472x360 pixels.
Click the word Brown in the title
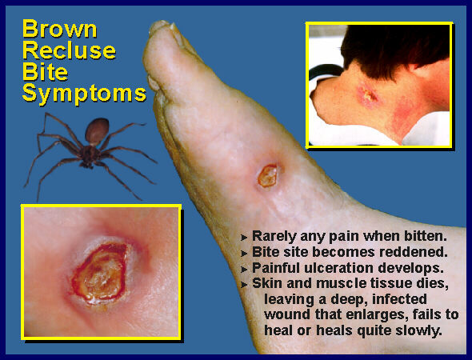(60, 29)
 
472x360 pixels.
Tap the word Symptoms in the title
(84, 94)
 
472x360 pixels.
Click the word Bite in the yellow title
(45, 72)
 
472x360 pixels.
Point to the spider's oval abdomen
(97, 131)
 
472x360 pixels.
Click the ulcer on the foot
(268, 175)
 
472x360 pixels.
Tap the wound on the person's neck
(367, 96)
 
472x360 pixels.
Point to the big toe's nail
(160, 26)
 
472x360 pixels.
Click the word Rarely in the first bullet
(274, 237)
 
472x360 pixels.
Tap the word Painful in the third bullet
(276, 268)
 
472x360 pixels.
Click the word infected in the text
(399, 299)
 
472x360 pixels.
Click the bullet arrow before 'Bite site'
(244, 254)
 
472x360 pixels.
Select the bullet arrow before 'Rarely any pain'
(244, 238)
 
